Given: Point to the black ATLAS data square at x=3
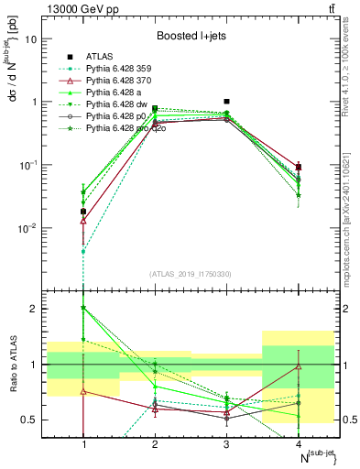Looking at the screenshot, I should [x=226, y=102].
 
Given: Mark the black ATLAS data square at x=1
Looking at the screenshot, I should [x=83, y=212].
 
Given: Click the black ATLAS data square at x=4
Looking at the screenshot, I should [x=299, y=168].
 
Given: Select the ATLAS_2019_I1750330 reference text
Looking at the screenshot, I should [x=191, y=274].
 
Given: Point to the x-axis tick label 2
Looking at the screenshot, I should [x=155, y=443].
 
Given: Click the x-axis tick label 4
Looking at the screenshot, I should [x=299, y=443].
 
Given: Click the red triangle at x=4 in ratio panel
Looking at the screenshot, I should [x=299, y=367].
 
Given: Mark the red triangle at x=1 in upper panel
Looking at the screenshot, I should [x=83, y=220].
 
